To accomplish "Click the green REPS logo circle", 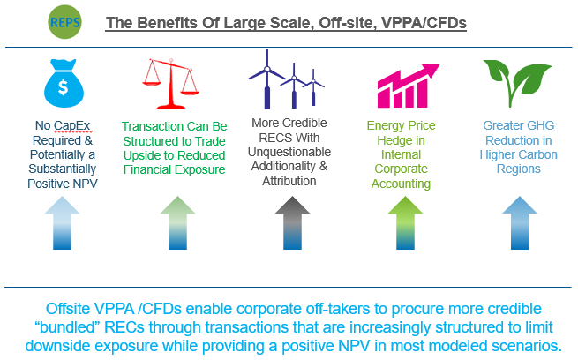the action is [64, 22].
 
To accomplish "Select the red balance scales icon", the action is [170, 83].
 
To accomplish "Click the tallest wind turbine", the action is [266, 79].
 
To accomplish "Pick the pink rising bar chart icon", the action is [409, 86].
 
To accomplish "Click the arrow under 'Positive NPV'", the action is [63, 223].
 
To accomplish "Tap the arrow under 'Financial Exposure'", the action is [177, 223].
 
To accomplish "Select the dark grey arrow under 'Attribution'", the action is [292, 223].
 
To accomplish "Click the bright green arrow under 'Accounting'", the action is [405, 223].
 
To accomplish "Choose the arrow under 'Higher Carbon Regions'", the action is [520, 223].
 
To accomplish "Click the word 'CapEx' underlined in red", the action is [72, 126].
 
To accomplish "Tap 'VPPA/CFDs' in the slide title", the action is [424, 23].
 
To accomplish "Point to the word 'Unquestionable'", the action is [289, 152].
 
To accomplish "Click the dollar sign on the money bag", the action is [64, 87].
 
